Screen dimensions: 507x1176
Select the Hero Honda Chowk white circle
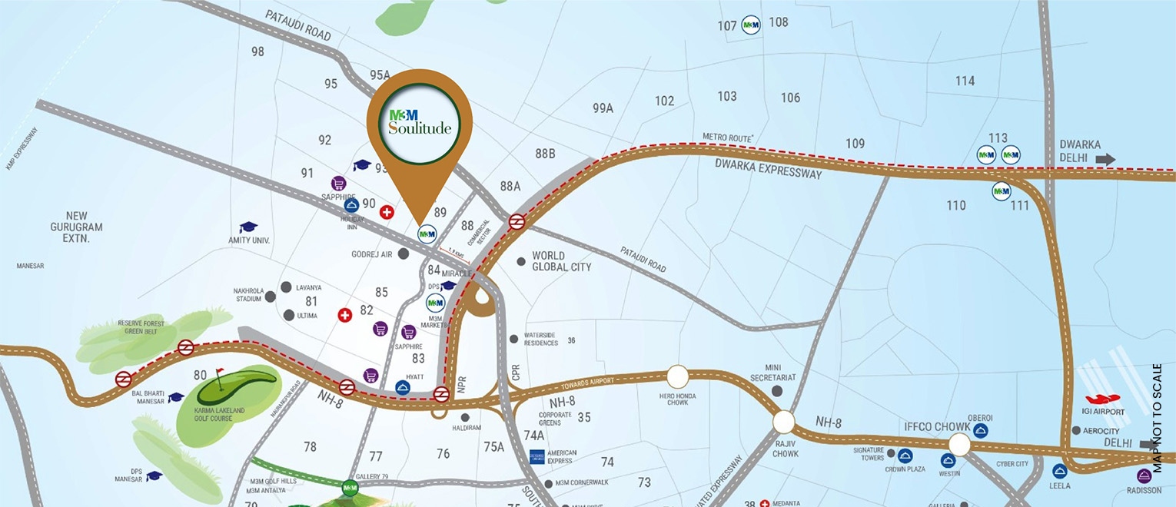coord(677,376)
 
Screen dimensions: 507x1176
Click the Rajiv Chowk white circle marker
coord(783,422)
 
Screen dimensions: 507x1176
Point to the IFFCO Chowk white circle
coord(959,445)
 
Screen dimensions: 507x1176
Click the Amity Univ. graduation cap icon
coord(247,227)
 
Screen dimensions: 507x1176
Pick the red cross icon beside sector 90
coord(387,212)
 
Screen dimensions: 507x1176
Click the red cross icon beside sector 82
coord(345,315)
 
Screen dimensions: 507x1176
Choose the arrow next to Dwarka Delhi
coord(1105,160)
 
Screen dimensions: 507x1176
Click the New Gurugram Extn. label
coord(74,227)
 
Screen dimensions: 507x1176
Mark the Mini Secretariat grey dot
coord(777,391)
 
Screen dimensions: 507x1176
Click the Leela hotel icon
coord(1060,472)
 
